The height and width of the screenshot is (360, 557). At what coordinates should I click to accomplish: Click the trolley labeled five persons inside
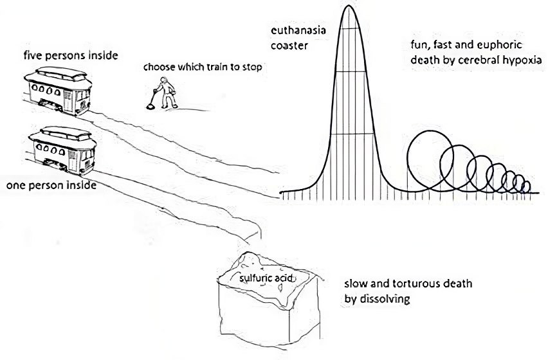click(59, 91)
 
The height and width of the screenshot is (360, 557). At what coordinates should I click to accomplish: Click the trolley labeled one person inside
click(62, 150)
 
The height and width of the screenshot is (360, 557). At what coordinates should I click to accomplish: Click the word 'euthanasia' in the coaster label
click(298, 30)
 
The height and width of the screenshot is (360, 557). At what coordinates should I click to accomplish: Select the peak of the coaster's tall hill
click(349, 5)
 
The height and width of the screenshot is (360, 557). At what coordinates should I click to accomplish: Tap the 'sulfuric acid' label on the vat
click(266, 278)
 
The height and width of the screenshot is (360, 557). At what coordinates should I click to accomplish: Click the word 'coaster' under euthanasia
click(289, 46)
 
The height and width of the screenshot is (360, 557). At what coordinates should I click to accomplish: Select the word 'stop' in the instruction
click(253, 67)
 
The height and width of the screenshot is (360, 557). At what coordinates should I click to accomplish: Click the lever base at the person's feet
click(151, 105)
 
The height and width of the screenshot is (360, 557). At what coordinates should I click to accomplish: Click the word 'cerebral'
click(479, 60)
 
